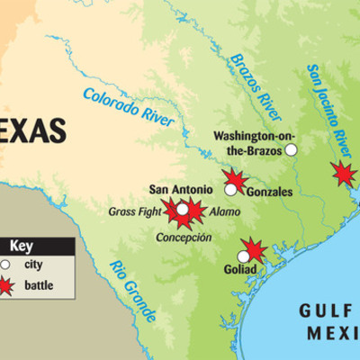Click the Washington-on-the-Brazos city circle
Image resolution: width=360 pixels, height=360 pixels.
291,150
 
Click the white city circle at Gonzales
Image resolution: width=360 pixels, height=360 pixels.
231,190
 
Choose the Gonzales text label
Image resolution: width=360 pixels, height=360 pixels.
268,192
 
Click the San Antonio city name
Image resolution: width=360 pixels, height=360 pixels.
181,189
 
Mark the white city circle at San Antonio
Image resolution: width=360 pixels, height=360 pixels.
183,209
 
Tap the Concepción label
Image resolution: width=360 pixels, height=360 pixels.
184,238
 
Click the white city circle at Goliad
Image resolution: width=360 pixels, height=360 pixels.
244,256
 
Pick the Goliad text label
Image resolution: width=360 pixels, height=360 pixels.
240,269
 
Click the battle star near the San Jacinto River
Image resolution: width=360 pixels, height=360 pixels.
342,172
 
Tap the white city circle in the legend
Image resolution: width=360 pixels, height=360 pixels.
6,265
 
